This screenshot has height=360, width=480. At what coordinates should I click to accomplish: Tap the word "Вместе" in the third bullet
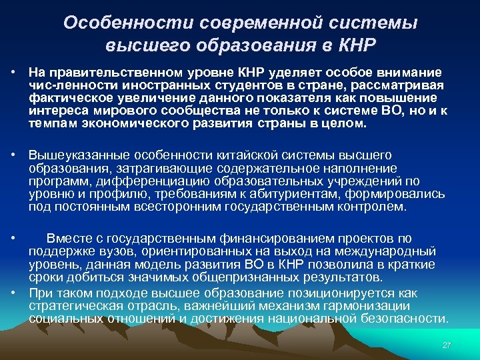[69, 239]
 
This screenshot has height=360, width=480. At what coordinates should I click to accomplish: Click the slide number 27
[447, 345]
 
